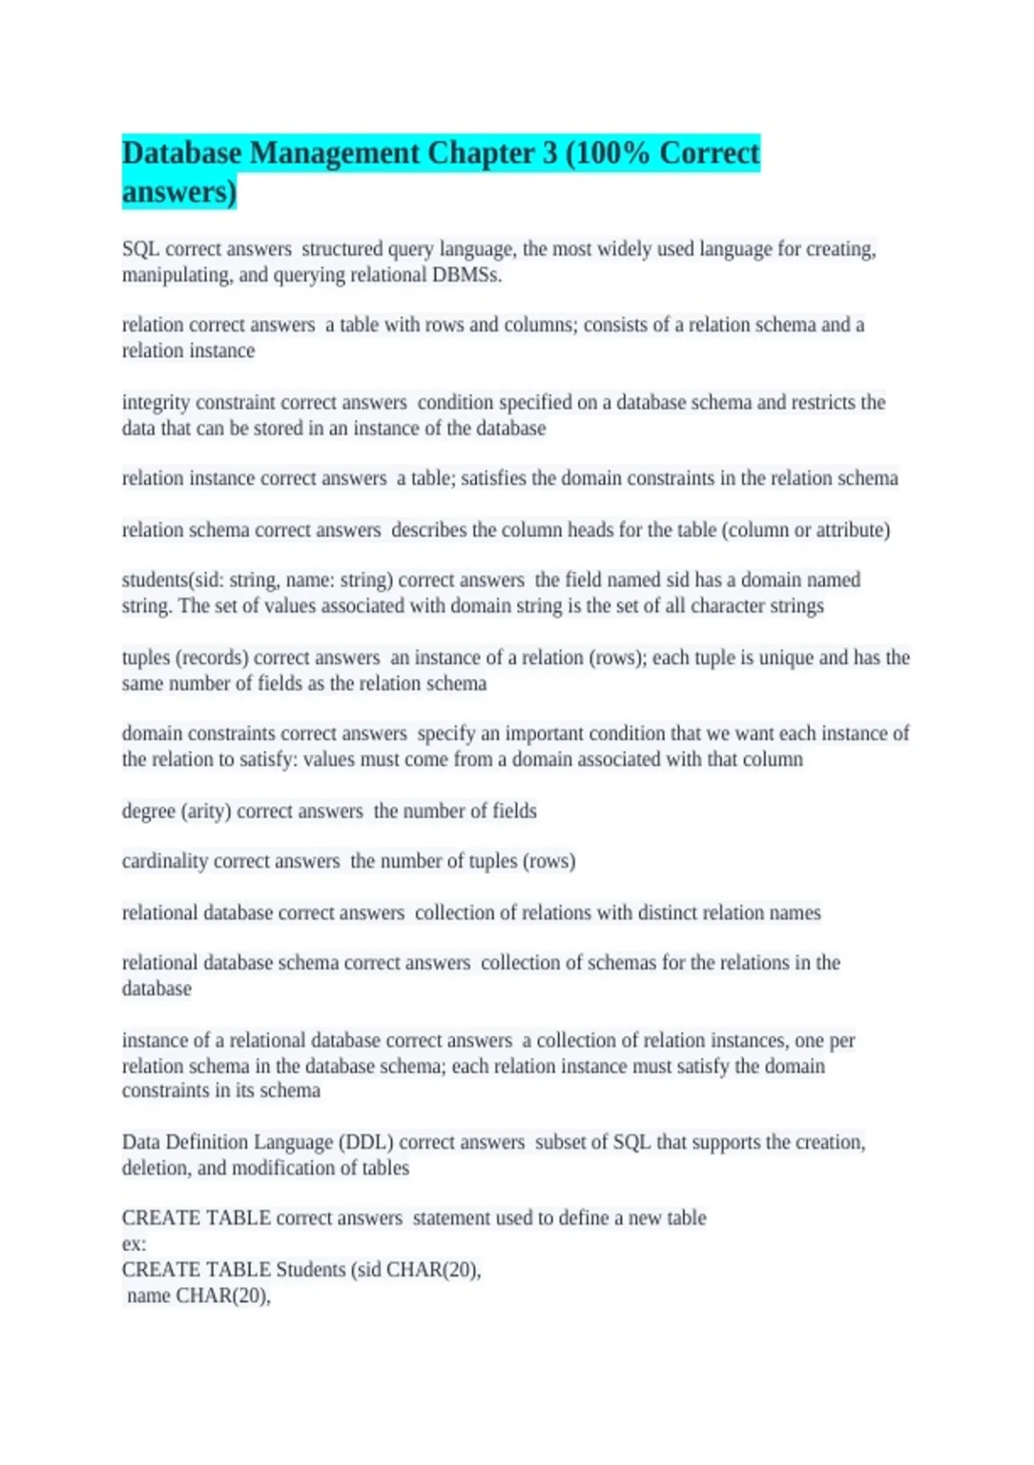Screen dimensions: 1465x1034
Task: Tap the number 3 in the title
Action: [549, 153]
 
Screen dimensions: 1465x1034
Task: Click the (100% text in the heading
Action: [607, 153]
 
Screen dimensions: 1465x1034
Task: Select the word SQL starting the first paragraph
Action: [140, 249]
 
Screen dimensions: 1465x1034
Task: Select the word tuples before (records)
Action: [146, 658]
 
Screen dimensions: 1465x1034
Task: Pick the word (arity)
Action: [205, 811]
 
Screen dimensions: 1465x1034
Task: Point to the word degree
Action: [148, 811]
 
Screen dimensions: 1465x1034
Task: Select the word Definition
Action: [207, 1142]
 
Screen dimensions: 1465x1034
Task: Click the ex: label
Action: [134, 1244]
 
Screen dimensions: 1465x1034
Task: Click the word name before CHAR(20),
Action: [148, 1295]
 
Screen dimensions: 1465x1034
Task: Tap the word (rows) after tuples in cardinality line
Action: [549, 861]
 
